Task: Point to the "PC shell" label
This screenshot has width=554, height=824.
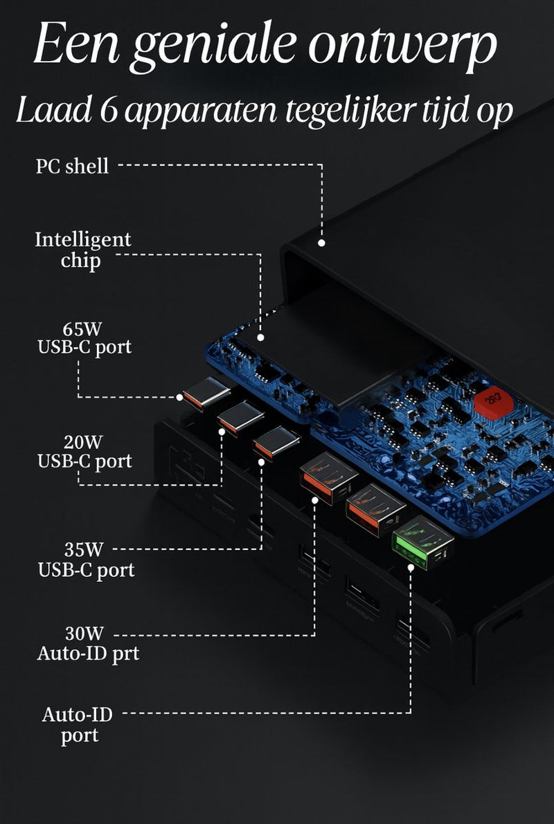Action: (72, 166)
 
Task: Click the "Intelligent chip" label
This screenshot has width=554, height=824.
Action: (82, 250)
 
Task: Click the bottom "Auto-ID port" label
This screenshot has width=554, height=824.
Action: (78, 724)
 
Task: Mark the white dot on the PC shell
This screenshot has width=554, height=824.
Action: (321, 243)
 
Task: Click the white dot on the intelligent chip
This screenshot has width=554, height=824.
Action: (261, 338)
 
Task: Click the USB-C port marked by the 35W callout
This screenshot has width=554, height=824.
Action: (276, 443)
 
